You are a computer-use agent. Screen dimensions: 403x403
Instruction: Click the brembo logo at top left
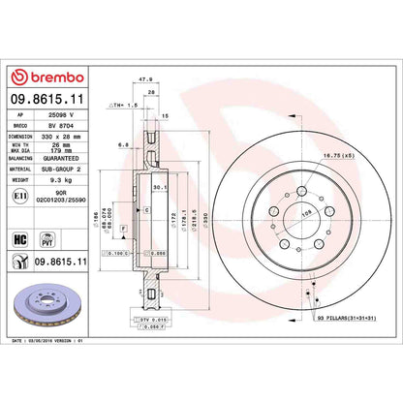click(x=46, y=77)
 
